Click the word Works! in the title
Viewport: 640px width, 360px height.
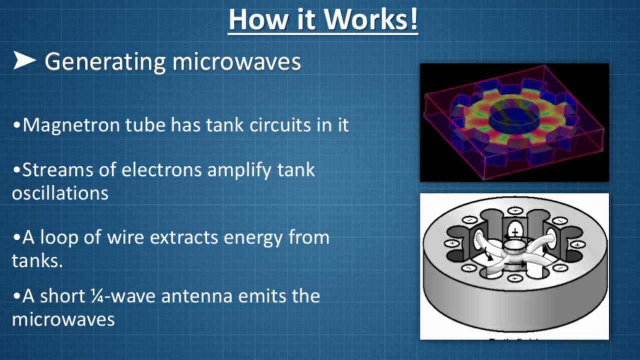(370, 19)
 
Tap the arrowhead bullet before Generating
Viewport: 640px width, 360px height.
(24, 61)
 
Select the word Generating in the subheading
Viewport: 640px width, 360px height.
(105, 62)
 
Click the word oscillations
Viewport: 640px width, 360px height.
(60, 193)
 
